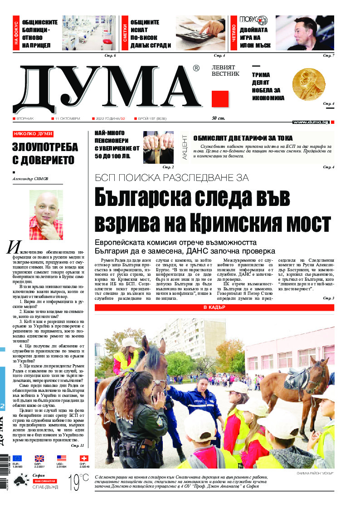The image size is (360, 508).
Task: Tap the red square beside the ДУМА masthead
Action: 220,99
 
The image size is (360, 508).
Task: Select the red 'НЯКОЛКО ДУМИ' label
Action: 33,134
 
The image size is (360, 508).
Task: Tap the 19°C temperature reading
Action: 78,482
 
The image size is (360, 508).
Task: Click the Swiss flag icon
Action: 84,458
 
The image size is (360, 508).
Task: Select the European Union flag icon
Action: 17,458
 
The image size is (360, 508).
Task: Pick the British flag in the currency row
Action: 39,458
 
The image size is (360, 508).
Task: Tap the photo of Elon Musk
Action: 305,33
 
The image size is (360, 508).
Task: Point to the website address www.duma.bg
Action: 311,122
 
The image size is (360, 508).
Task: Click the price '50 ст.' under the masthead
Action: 219,118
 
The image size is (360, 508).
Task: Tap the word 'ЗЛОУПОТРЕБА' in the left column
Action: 45,147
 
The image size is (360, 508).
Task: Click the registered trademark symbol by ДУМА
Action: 196,68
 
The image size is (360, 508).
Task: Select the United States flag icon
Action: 62,458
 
